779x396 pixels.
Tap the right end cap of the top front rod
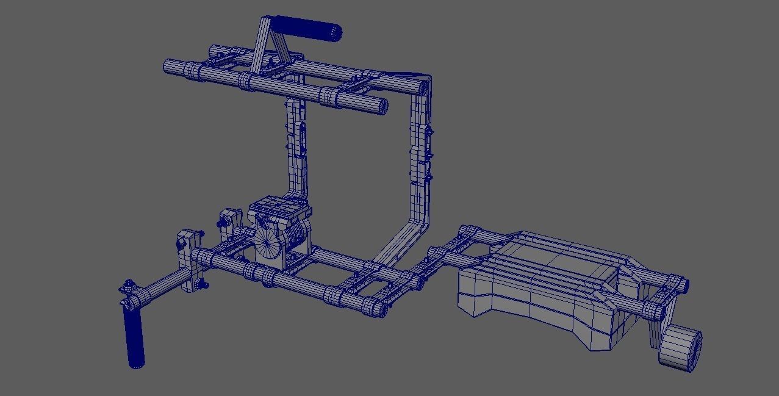(382, 106)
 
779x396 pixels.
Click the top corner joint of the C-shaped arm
(423, 84)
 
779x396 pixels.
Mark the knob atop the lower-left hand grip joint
(129, 285)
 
